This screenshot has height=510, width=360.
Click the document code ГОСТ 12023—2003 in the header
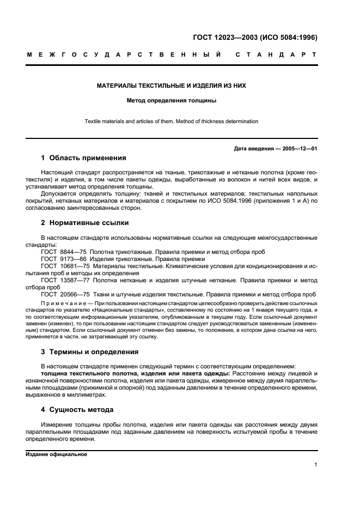pos(224,38)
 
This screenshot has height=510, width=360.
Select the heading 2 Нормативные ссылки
pos(85,223)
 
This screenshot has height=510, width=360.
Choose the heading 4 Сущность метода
pos(77,409)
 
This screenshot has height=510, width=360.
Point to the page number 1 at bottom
pos(315,465)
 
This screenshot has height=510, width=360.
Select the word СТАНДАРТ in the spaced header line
pos(276,54)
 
